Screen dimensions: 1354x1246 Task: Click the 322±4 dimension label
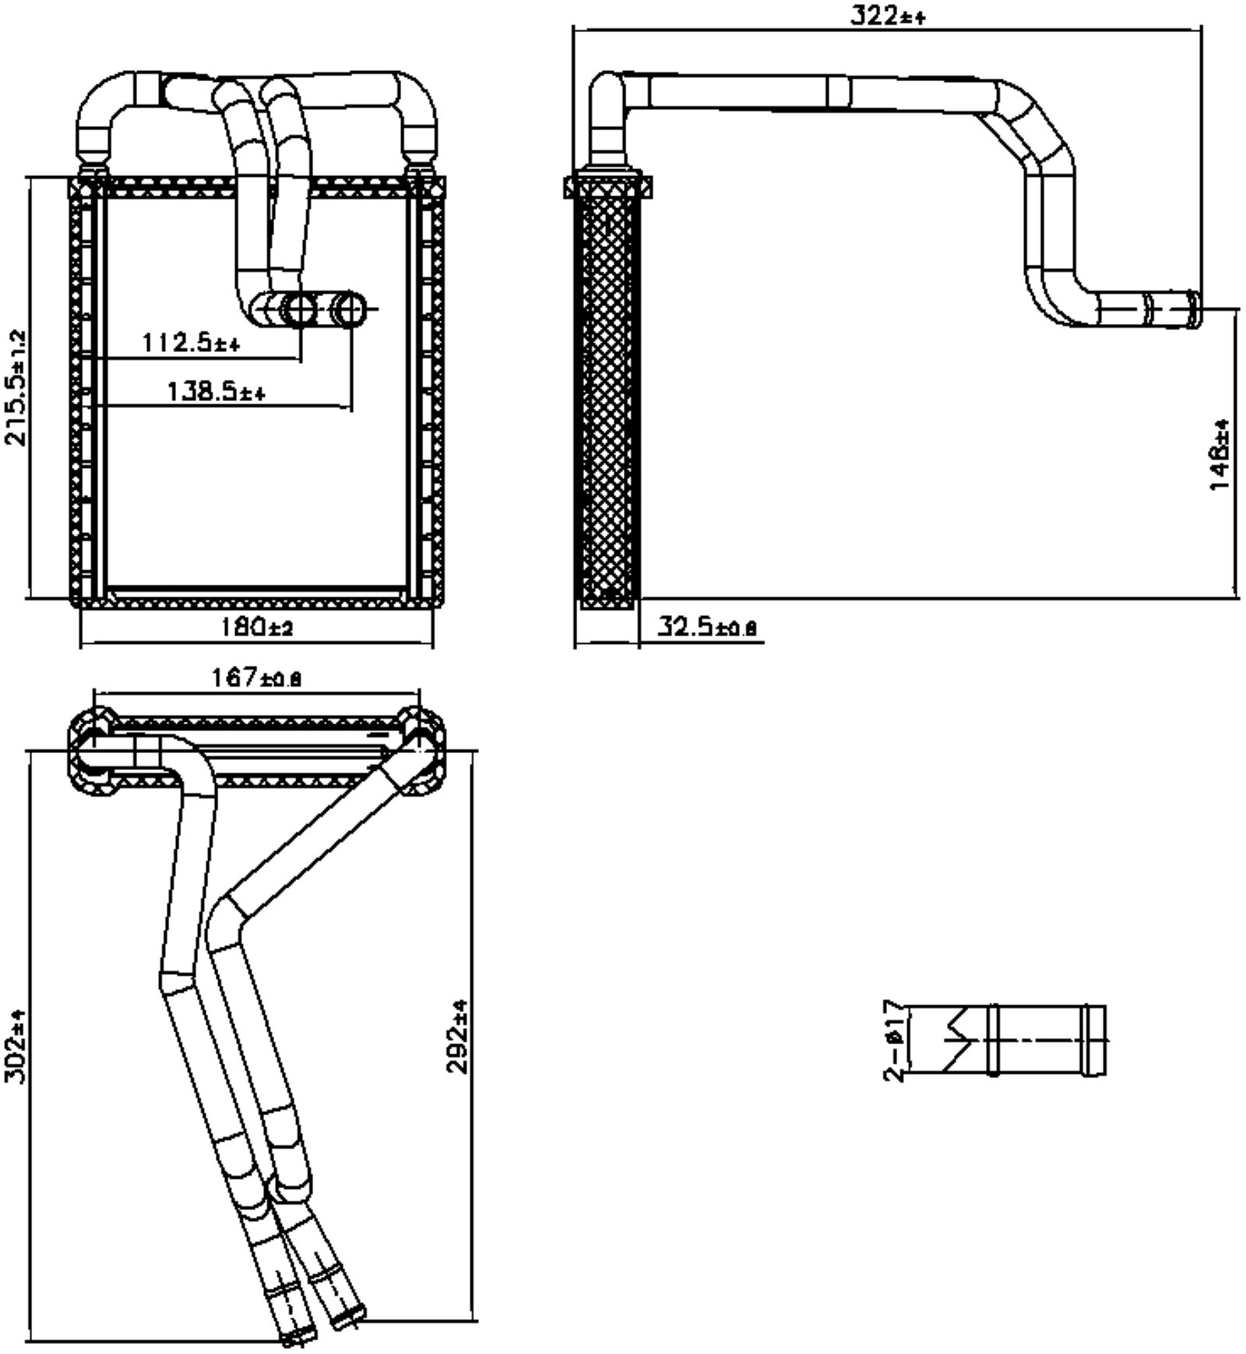coord(886,16)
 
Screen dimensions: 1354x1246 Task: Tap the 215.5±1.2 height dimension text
coord(16,387)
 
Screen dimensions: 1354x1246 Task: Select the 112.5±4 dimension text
coord(191,343)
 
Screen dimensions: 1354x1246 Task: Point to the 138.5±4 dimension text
coord(216,391)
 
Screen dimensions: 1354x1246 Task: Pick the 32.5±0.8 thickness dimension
coord(706,626)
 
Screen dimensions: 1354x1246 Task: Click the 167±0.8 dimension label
coord(256,678)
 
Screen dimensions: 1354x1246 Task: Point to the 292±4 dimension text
coord(457,1036)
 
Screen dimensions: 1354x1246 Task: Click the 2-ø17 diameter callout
coord(895,1041)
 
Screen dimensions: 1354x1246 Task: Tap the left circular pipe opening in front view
coord(299,310)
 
